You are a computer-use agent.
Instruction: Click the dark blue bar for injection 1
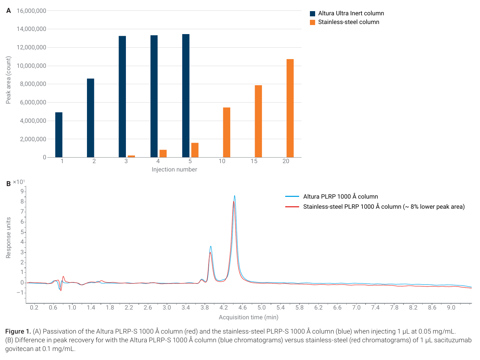(59, 135)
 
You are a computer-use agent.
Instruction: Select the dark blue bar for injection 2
(90, 118)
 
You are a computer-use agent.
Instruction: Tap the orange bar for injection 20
(290, 108)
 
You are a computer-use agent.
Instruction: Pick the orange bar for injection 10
(227, 133)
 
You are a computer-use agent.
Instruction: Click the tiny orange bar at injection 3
(131, 156)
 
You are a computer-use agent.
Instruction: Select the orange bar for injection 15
(258, 121)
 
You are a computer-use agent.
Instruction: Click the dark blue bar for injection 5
(186, 96)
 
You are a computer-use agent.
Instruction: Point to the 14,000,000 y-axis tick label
(32, 29)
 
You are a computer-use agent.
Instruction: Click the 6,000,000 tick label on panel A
(33, 102)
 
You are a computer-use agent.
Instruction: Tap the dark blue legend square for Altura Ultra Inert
(313, 14)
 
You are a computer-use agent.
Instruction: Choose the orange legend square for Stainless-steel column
(313, 22)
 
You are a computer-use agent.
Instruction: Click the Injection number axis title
(175, 169)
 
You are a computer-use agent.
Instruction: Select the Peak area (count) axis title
(8, 80)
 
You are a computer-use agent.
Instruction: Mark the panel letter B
(9, 184)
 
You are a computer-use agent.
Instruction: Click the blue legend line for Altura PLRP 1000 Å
(292, 197)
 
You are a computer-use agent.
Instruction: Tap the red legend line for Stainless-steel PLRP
(292, 207)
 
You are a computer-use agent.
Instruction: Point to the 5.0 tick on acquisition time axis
(262, 308)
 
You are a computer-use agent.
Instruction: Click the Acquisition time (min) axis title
(249, 317)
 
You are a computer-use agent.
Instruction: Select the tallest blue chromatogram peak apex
(235, 195)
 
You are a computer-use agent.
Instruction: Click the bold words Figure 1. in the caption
(18, 331)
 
